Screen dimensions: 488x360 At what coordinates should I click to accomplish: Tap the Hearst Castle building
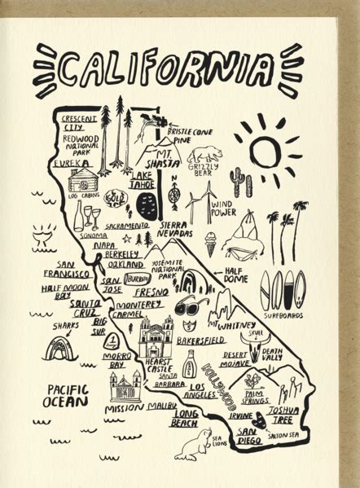(156, 336)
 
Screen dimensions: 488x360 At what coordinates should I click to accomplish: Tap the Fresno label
(151, 292)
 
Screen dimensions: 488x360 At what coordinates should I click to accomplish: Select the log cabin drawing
(83, 179)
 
